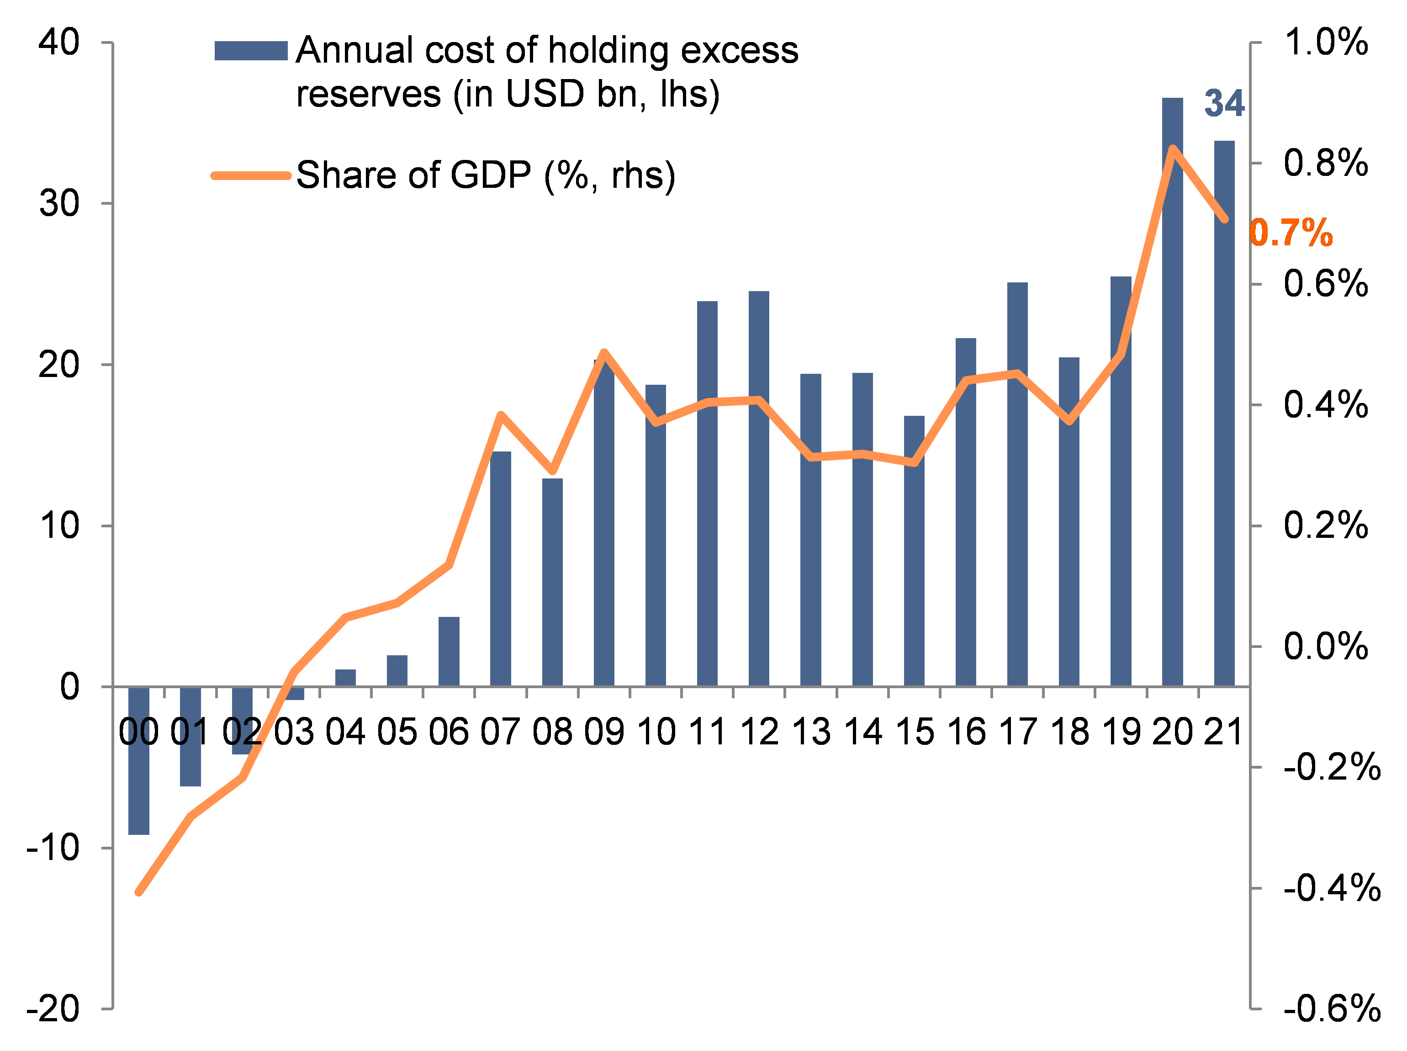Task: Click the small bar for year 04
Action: (345, 678)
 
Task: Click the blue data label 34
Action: (1224, 104)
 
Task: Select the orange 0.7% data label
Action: (1291, 233)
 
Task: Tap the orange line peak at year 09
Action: (604, 352)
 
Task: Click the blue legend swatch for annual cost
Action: (251, 51)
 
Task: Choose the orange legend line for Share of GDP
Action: (251, 175)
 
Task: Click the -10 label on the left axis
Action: (53, 848)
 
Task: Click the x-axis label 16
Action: (966, 732)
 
